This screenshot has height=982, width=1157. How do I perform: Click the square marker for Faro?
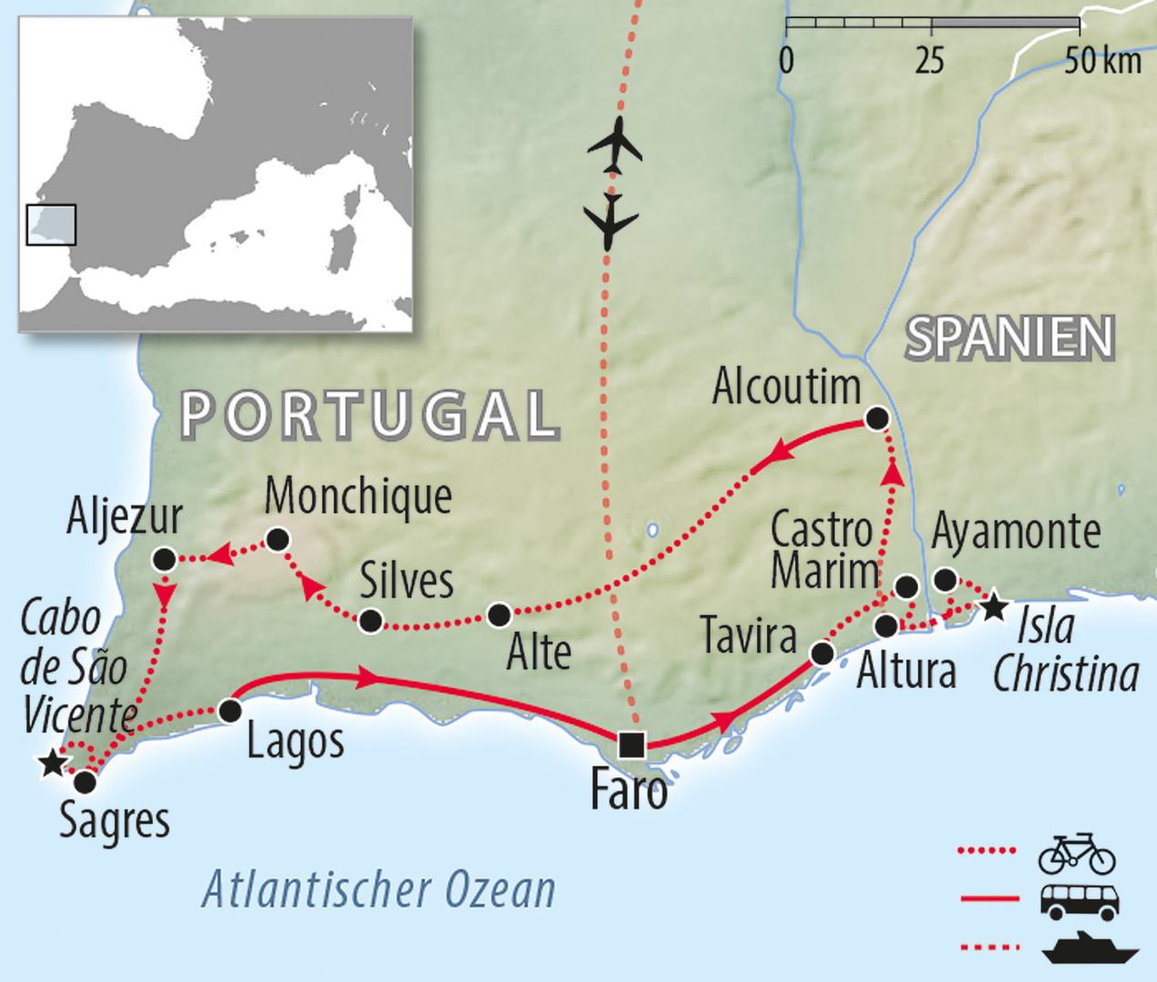coord(631,745)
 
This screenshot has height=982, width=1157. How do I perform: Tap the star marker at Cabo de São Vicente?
coord(53,763)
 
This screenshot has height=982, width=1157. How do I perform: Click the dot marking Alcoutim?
coord(876,418)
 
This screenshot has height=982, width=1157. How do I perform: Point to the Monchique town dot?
coord(278,540)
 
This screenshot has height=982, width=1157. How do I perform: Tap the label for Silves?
coord(406,580)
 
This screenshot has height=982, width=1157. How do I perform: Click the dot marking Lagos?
coord(231,710)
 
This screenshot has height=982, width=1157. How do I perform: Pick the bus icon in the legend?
coord(1076,900)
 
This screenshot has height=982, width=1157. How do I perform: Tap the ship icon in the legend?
coord(1090,948)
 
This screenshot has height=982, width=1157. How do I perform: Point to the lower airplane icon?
coord(610,220)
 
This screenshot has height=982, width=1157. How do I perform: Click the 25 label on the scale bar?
coord(929,62)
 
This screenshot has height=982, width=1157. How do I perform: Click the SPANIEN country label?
coord(1010,338)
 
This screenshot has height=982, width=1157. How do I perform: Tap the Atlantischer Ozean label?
coord(378,888)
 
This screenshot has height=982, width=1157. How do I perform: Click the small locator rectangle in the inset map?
coord(51,225)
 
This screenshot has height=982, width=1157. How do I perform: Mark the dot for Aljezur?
coord(165,558)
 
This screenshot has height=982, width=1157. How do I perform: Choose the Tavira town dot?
coord(822,653)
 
